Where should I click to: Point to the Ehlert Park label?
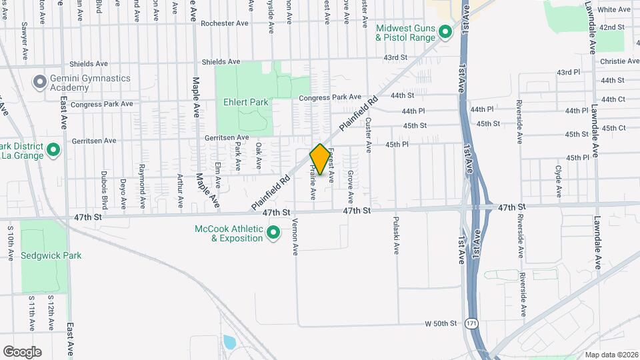(246, 103)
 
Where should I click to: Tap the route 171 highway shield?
(472, 323)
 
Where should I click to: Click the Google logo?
(22, 351)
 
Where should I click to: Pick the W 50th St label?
(441, 323)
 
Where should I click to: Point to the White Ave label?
(614, 9)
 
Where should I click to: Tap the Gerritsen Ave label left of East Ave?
(93, 141)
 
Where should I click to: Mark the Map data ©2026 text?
(611, 354)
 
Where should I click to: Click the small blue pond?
(230, 343)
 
